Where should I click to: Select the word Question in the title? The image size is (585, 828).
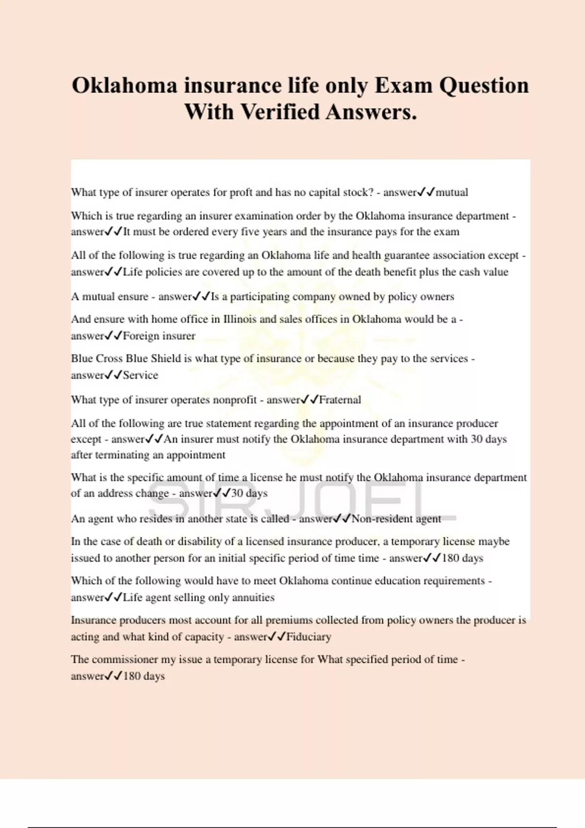click(484, 86)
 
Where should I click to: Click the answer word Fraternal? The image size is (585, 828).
click(340, 400)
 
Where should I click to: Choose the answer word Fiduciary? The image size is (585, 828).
click(309, 637)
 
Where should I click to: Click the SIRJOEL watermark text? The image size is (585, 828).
click(302, 502)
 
